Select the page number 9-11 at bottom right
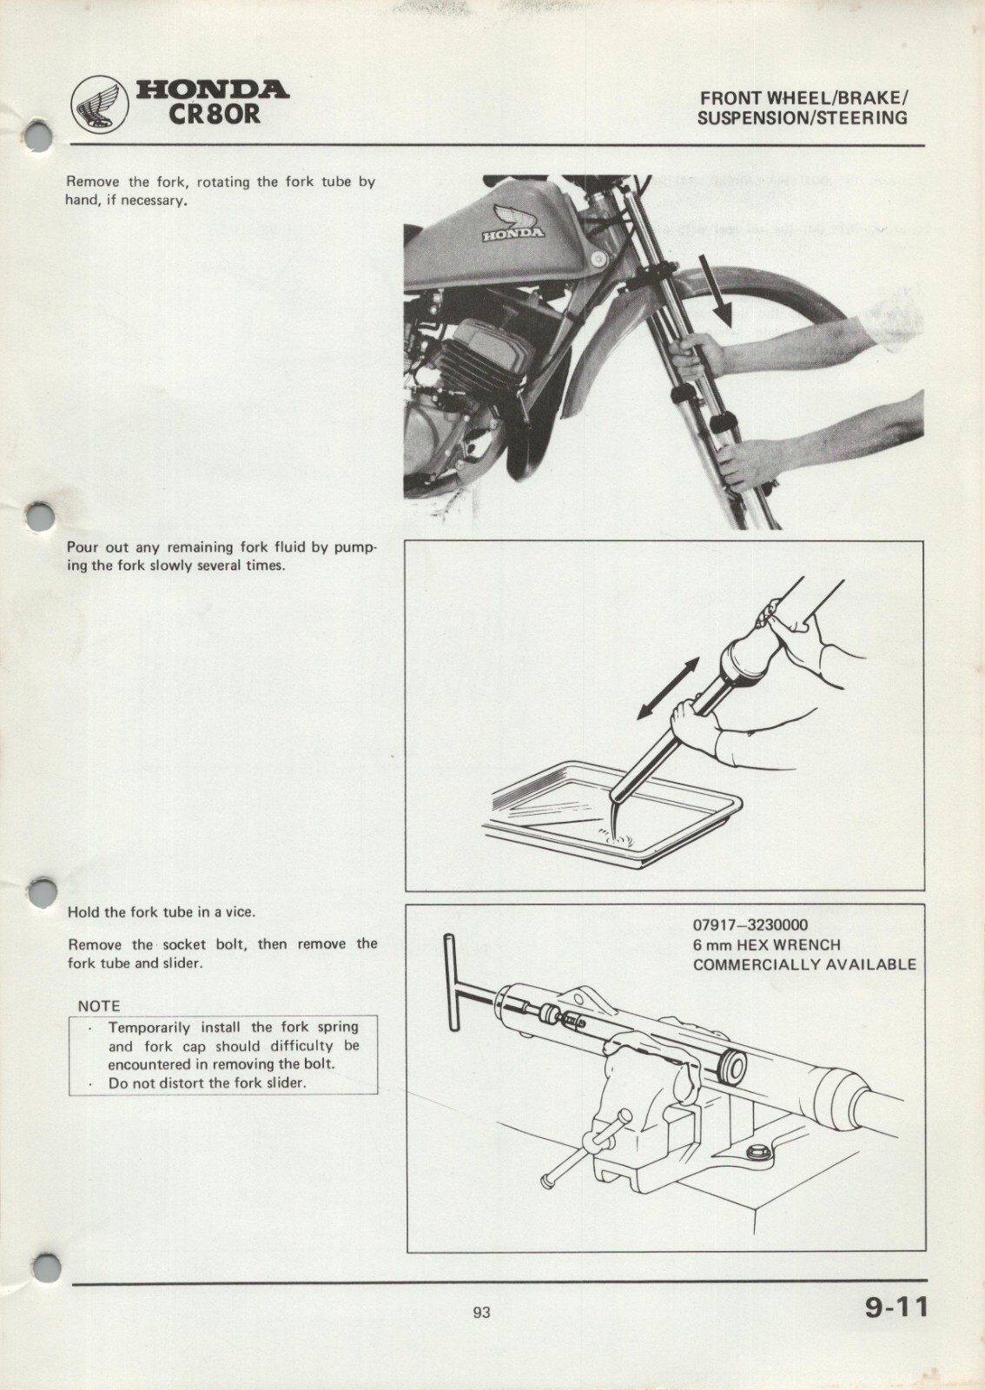click(x=896, y=1307)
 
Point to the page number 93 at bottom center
click(x=481, y=1313)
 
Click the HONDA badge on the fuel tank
click(x=513, y=233)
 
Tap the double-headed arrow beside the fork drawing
click(x=667, y=688)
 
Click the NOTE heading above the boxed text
click(x=99, y=1006)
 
